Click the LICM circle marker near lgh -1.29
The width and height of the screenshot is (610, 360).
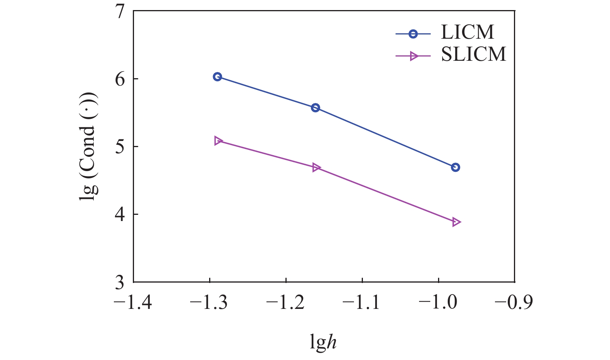[217, 77]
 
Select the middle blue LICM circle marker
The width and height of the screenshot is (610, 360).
[315, 108]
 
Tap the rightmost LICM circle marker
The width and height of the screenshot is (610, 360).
[455, 167]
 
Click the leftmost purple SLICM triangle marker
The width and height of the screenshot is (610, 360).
[218, 141]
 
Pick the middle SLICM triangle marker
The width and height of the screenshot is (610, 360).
[316, 167]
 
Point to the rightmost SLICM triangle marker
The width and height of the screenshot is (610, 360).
[456, 222]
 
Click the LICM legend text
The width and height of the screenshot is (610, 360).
[467, 33]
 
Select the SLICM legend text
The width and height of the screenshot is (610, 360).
[473, 55]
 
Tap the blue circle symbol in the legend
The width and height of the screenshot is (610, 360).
[413, 34]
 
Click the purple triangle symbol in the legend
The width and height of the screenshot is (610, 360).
[414, 56]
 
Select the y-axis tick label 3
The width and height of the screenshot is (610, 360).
[120, 283]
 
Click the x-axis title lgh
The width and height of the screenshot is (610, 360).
[323, 342]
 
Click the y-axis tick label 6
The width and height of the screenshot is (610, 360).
[120, 79]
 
